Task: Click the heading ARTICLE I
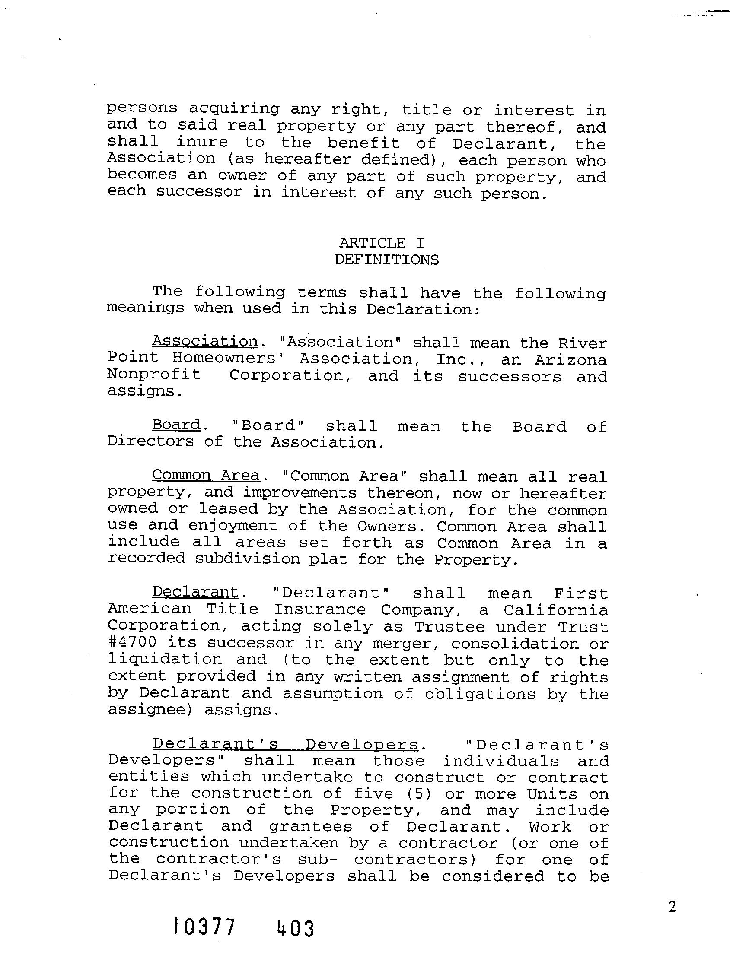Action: point(381,243)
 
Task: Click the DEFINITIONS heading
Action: point(387,260)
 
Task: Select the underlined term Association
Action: point(205,341)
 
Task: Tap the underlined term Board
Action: point(176,425)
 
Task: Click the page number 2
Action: point(672,907)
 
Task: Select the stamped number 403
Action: point(296,928)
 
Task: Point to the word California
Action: point(556,609)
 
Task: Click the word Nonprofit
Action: point(154,375)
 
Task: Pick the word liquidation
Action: point(165,659)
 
